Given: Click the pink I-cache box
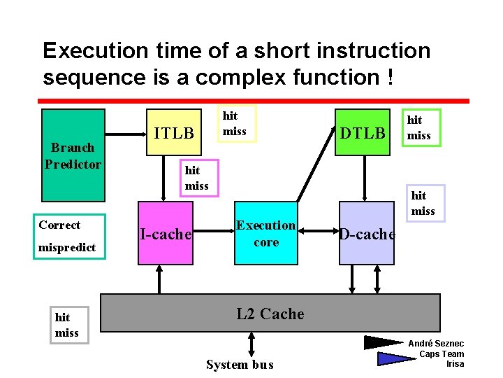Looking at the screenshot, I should (165, 234).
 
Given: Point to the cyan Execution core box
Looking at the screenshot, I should (266, 234).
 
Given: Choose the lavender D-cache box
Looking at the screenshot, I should (367, 234).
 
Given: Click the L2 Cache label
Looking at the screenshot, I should (270, 314).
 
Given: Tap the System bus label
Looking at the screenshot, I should (240, 364).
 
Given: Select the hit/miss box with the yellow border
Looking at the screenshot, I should (236, 123).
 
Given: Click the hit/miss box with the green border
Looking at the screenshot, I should (419, 128).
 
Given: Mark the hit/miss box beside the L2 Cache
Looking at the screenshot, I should (67, 325).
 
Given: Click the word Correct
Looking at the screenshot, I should (59, 225).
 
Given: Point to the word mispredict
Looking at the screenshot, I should (67, 248).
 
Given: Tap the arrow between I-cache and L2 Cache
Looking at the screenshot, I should (160, 279).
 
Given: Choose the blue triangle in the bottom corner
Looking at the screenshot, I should (395, 358).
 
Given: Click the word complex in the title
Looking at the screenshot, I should (238, 78).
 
